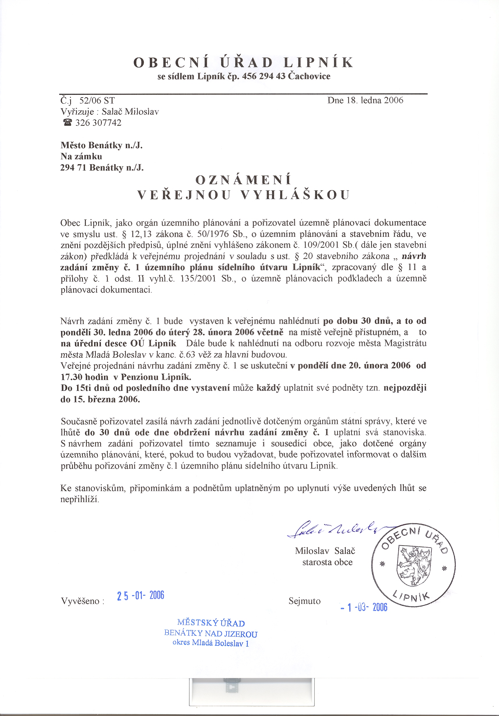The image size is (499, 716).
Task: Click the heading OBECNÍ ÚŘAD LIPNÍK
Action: coord(243,62)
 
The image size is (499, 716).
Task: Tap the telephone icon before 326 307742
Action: coord(67,123)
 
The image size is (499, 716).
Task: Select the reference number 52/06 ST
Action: coord(97,101)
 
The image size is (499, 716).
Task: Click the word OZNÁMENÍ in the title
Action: coord(243,180)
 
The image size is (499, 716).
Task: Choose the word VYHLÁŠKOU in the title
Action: coord(295,195)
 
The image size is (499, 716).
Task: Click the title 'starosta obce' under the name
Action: coord(327,562)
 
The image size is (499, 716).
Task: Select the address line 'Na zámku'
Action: coord(81,156)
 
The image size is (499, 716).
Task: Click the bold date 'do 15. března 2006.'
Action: coord(100,400)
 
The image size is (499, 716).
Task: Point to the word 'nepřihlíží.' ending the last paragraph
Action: coord(80,499)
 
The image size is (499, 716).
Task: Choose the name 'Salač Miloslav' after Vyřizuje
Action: coord(130,112)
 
